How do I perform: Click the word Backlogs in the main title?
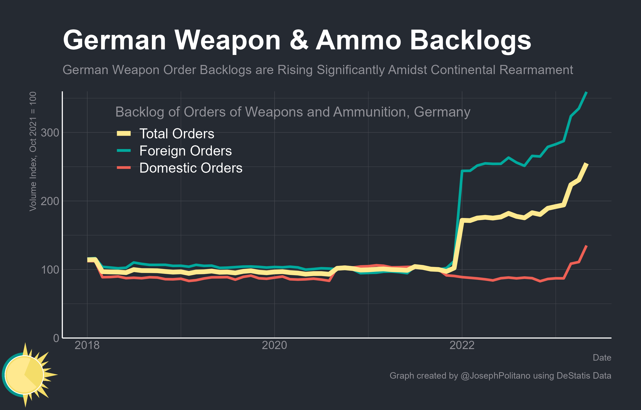click(x=470, y=40)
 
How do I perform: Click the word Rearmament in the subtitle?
click(x=536, y=70)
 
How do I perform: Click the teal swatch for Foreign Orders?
click(x=124, y=151)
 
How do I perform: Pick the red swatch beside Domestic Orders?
click(x=124, y=168)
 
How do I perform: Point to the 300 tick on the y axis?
click(x=50, y=133)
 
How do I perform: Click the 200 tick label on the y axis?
click(x=50, y=201)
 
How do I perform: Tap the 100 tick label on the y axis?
click(x=50, y=270)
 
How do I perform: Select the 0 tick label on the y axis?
click(x=56, y=338)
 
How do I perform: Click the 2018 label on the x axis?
click(x=87, y=345)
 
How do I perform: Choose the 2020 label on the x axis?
click(x=275, y=345)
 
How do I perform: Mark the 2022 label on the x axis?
click(x=462, y=345)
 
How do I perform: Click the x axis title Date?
click(x=602, y=357)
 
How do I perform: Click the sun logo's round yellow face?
click(x=24, y=375)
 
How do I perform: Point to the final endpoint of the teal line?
click(x=586, y=92)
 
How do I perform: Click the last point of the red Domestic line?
click(x=586, y=246)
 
